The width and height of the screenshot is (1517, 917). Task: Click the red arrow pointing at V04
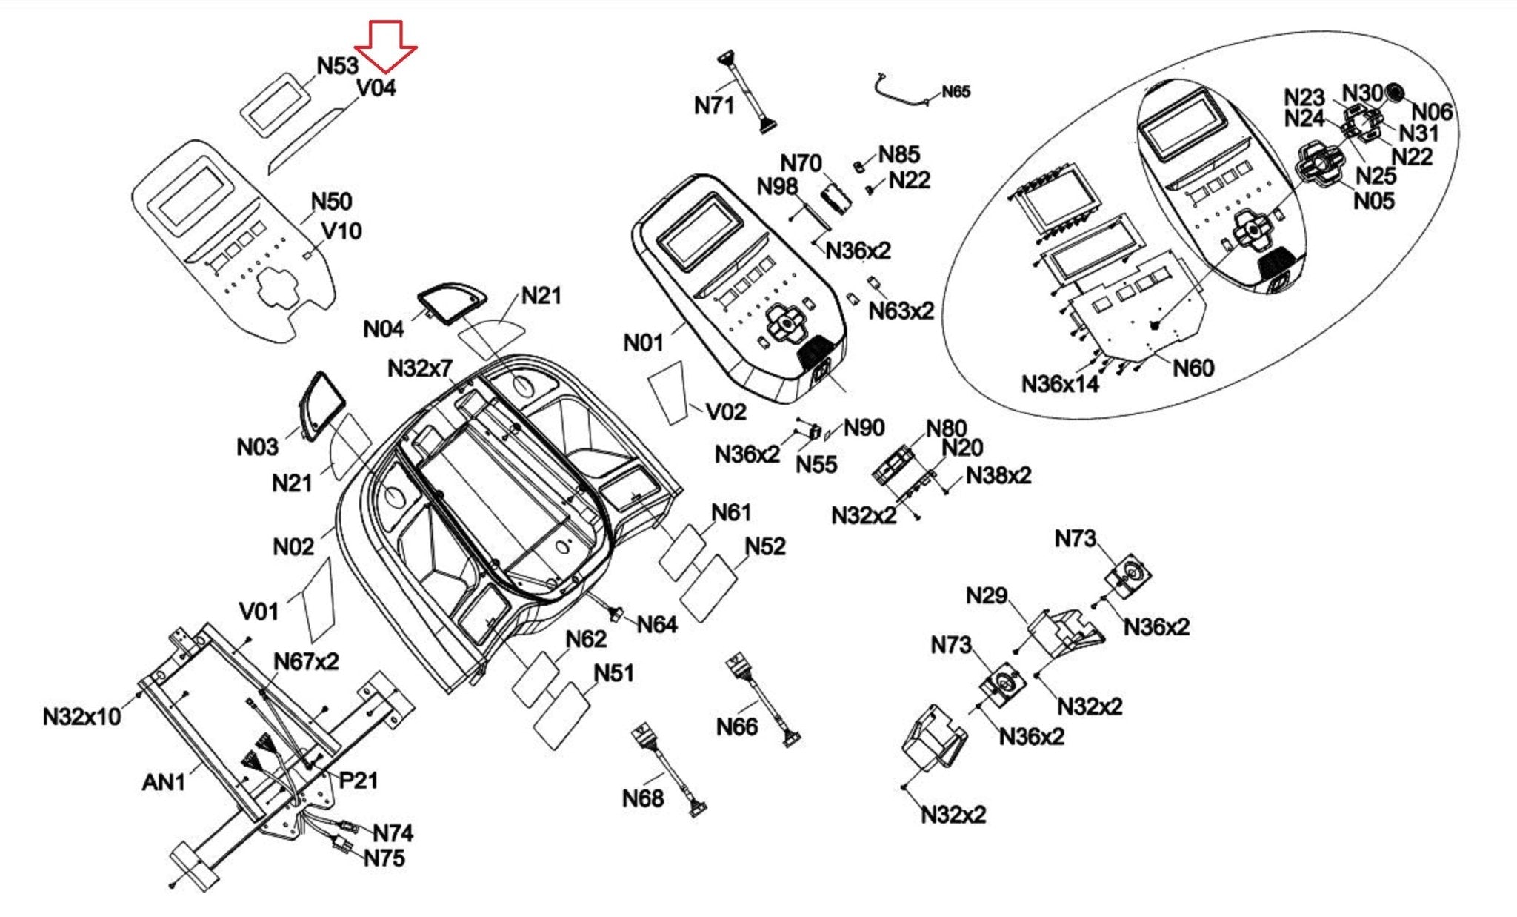(385, 47)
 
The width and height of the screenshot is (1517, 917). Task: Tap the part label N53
(338, 66)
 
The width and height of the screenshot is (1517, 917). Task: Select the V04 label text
(376, 88)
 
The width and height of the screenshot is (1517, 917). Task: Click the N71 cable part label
(714, 106)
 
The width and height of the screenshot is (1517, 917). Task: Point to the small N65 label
(956, 92)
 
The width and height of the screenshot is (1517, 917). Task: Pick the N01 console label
(643, 343)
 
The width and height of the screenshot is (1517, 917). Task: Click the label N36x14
(1060, 385)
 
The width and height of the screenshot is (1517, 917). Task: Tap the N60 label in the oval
(1193, 368)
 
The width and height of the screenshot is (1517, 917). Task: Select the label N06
(1432, 113)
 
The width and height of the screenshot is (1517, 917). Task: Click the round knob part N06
(1395, 93)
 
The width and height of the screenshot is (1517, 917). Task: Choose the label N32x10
(81, 717)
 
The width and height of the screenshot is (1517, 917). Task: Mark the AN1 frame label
(163, 782)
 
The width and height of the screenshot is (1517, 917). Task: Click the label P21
(359, 781)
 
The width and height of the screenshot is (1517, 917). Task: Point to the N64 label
(657, 625)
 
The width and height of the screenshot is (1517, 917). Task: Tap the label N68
(643, 799)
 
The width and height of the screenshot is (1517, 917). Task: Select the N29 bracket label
(987, 596)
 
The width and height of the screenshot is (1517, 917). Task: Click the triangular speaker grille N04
(451, 302)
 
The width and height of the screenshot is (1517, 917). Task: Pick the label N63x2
(901, 311)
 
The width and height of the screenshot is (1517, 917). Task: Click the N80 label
(947, 428)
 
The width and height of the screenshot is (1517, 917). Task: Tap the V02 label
(726, 412)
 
